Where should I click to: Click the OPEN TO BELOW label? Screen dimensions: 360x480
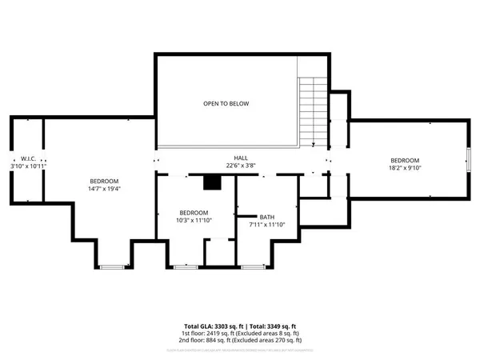225,104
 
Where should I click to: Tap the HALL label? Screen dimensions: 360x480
240,158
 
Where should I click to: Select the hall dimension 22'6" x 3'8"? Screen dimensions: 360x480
240,166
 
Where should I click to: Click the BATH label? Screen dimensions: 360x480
267,217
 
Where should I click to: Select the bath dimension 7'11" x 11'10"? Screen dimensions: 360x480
267,225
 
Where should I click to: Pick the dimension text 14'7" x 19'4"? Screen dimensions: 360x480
104,189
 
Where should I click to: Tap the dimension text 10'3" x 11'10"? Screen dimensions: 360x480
194,221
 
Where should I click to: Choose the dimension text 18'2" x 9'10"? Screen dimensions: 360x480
404,168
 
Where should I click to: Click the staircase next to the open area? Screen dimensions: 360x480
312,112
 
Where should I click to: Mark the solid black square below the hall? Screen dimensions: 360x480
211,183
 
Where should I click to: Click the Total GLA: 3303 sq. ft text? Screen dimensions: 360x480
211,326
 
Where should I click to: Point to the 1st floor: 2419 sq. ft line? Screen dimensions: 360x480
240,334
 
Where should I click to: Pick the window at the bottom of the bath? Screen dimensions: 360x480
254,265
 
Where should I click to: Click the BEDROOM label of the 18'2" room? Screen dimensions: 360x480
404,159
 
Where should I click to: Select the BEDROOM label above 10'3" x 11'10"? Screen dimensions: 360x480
194,213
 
